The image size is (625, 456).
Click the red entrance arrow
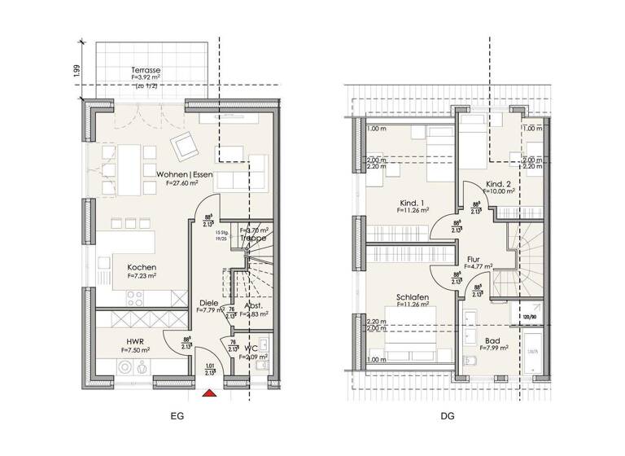(209, 395)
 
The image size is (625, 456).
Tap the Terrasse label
(144, 71)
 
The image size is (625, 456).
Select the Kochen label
(142, 267)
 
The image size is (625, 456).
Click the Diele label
(208, 303)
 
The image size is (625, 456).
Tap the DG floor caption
(448, 417)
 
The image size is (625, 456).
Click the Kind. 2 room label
(498, 184)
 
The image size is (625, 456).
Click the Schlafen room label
(413, 298)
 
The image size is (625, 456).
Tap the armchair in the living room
(184, 147)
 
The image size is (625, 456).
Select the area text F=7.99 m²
(493, 348)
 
